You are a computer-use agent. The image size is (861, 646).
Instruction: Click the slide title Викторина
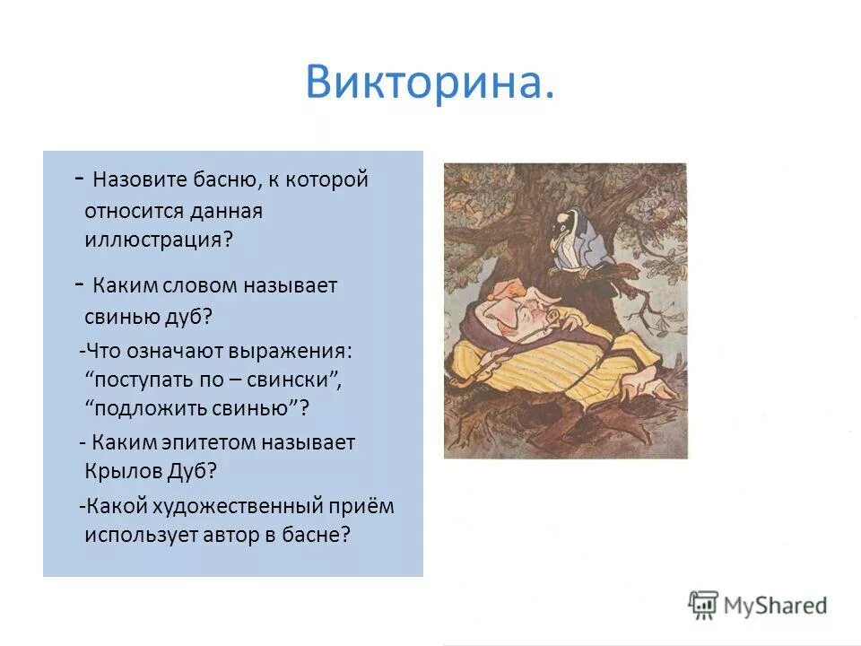click(429, 83)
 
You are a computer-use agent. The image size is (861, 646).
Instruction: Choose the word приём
click(366, 505)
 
